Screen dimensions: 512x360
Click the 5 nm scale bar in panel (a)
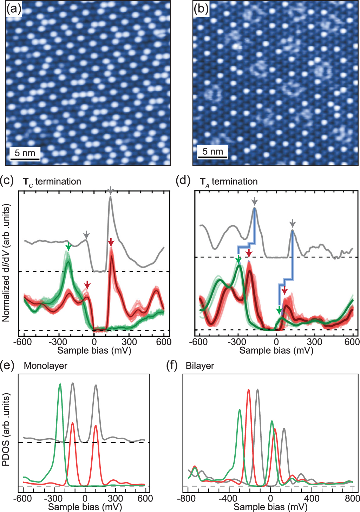[x=25, y=159]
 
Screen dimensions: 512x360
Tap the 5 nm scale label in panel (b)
[x=212, y=152]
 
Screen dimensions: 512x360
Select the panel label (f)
[x=172, y=366]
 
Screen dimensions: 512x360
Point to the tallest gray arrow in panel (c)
[x=111, y=191]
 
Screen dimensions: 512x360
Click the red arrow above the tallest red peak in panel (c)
[x=111, y=242]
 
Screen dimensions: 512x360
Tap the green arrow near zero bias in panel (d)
[x=279, y=310]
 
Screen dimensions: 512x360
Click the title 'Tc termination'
[x=52, y=182]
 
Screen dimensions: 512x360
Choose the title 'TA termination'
[x=229, y=182]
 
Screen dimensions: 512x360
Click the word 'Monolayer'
[x=45, y=366]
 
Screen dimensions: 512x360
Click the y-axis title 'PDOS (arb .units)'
[x=6, y=429]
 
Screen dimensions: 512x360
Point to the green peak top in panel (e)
[x=60, y=384]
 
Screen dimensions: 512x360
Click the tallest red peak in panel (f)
[x=249, y=389]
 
